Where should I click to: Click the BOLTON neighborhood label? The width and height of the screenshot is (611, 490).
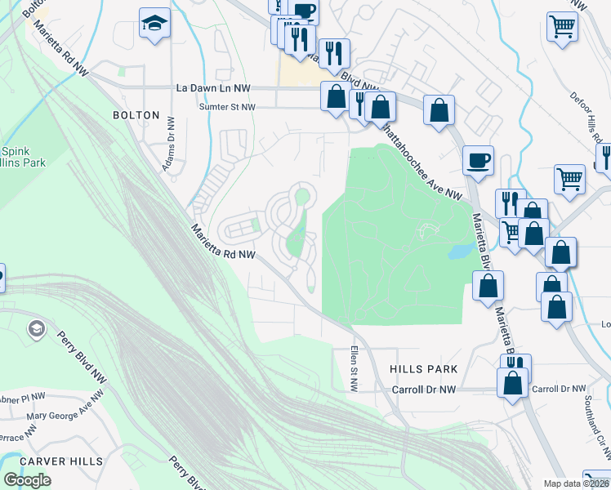tap(136, 115)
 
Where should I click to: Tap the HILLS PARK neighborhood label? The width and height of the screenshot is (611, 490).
tap(423, 370)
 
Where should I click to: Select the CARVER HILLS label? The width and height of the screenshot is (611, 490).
tap(61, 461)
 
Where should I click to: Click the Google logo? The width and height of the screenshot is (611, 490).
tap(27, 480)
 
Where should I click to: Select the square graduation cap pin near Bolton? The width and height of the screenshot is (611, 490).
tap(154, 24)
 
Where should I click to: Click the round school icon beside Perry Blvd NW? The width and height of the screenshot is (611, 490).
tap(36, 329)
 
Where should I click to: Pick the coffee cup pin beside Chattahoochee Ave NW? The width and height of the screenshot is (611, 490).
tap(478, 160)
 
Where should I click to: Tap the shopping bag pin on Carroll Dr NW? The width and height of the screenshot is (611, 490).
tap(513, 384)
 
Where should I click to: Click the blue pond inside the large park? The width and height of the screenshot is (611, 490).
tap(459, 250)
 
